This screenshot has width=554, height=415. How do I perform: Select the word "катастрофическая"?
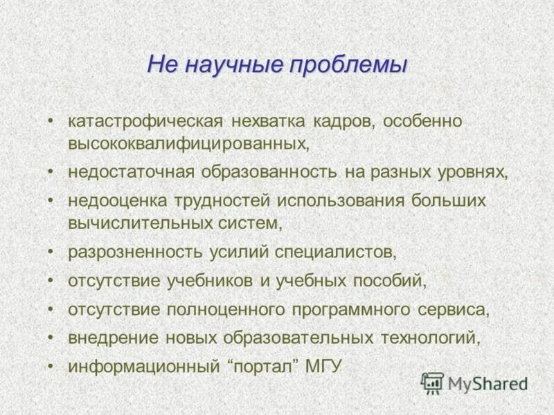point(145,121)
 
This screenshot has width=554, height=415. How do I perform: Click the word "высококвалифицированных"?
point(187,143)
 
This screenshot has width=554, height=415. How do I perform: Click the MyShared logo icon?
point(432,382)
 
